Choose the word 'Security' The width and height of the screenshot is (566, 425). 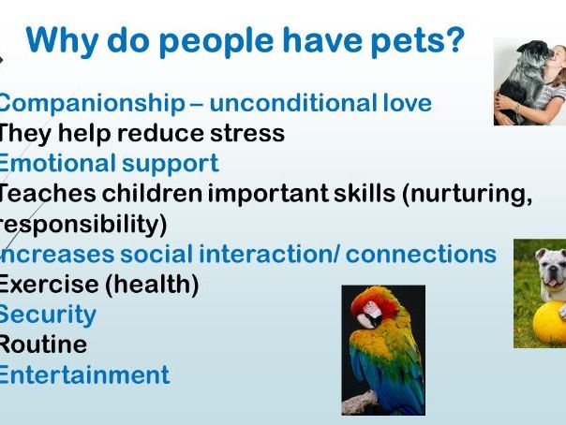click(x=47, y=315)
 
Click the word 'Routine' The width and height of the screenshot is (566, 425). click(x=43, y=344)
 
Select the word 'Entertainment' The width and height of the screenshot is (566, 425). click(x=84, y=375)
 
